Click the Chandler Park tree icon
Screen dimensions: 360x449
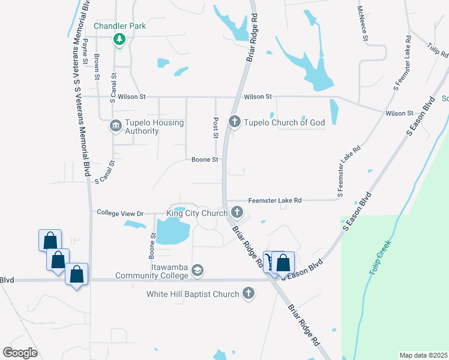[119, 40]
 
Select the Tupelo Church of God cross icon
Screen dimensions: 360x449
[235, 122]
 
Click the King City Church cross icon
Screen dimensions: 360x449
[237, 212]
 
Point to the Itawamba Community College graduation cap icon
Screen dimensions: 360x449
[197, 271]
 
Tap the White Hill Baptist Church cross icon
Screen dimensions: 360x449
[249, 294]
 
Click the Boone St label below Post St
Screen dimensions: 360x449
[203, 160]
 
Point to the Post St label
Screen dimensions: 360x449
[215, 127]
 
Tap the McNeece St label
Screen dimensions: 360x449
[364, 24]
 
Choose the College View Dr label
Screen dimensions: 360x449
[121, 213]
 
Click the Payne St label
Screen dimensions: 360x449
[86, 52]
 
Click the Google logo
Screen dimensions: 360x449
[20, 353]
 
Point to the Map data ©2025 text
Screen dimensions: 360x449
[423, 355]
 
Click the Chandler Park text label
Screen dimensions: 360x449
[120, 26]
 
